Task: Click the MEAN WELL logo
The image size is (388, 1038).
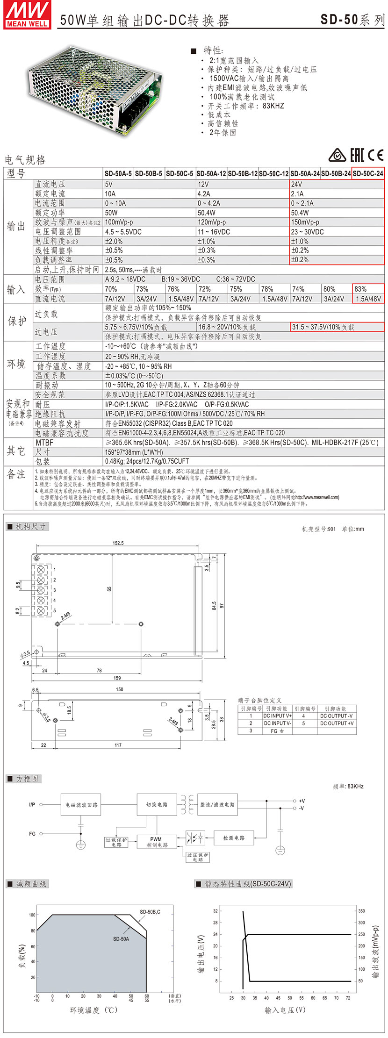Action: click(27, 15)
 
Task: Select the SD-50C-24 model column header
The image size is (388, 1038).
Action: click(368, 173)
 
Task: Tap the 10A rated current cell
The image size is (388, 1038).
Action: click(110, 193)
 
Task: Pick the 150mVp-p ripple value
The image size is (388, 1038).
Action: click(305, 222)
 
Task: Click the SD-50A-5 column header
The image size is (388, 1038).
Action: click(118, 173)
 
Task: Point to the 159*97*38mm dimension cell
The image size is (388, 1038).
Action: click(134, 452)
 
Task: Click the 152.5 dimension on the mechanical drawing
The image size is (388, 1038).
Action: click(118, 543)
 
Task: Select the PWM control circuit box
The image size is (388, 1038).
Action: click(157, 842)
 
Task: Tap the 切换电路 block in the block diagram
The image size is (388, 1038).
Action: click(157, 804)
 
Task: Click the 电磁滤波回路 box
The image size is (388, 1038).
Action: click(81, 804)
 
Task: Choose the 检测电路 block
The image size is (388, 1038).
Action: click(234, 838)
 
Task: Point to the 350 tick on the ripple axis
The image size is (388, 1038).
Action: click(361, 911)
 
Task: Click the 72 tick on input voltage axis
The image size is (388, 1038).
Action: click(348, 998)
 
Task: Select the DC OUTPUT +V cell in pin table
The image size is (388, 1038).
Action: click(337, 723)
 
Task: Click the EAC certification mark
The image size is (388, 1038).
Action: click(357, 156)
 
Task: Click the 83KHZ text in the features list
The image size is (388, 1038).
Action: click(273, 106)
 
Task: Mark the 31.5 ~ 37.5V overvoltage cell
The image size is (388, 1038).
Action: click(323, 327)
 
